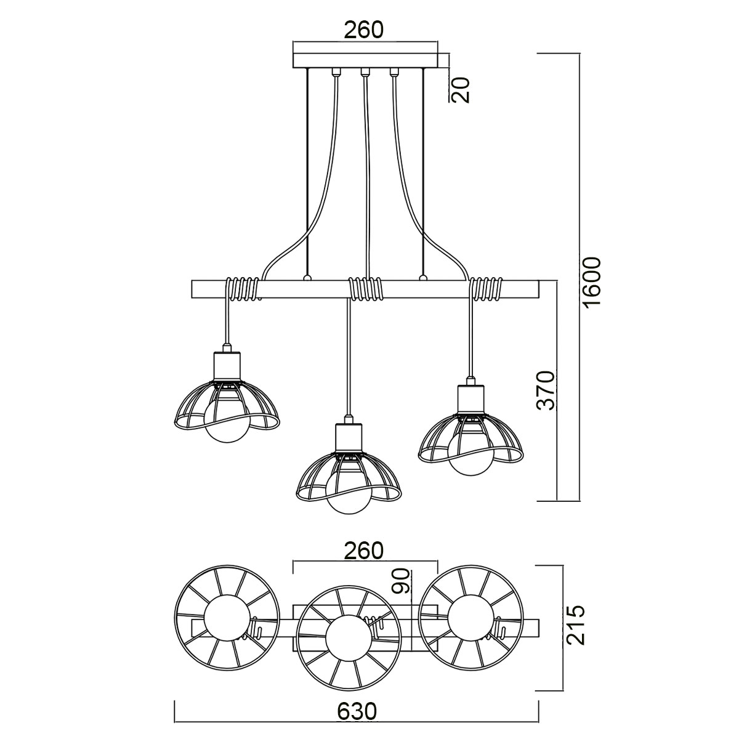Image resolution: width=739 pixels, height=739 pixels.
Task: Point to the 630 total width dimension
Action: tap(357, 711)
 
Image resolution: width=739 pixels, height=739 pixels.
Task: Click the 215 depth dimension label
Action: tap(575, 625)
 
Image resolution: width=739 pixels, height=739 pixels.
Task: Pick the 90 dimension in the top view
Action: tap(402, 581)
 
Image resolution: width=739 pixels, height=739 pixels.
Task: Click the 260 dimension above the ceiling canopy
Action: tap(363, 30)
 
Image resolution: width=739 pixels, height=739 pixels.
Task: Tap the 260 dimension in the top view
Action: tap(363, 550)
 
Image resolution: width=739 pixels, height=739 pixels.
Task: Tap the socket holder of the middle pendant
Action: tap(349, 438)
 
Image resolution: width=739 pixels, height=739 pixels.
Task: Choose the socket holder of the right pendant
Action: tap(471, 400)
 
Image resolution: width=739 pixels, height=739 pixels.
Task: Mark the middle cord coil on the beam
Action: tap(365, 288)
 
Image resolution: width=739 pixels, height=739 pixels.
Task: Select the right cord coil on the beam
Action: tap(487, 288)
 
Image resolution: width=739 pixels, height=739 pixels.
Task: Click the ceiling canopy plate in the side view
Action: tap(365, 60)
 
